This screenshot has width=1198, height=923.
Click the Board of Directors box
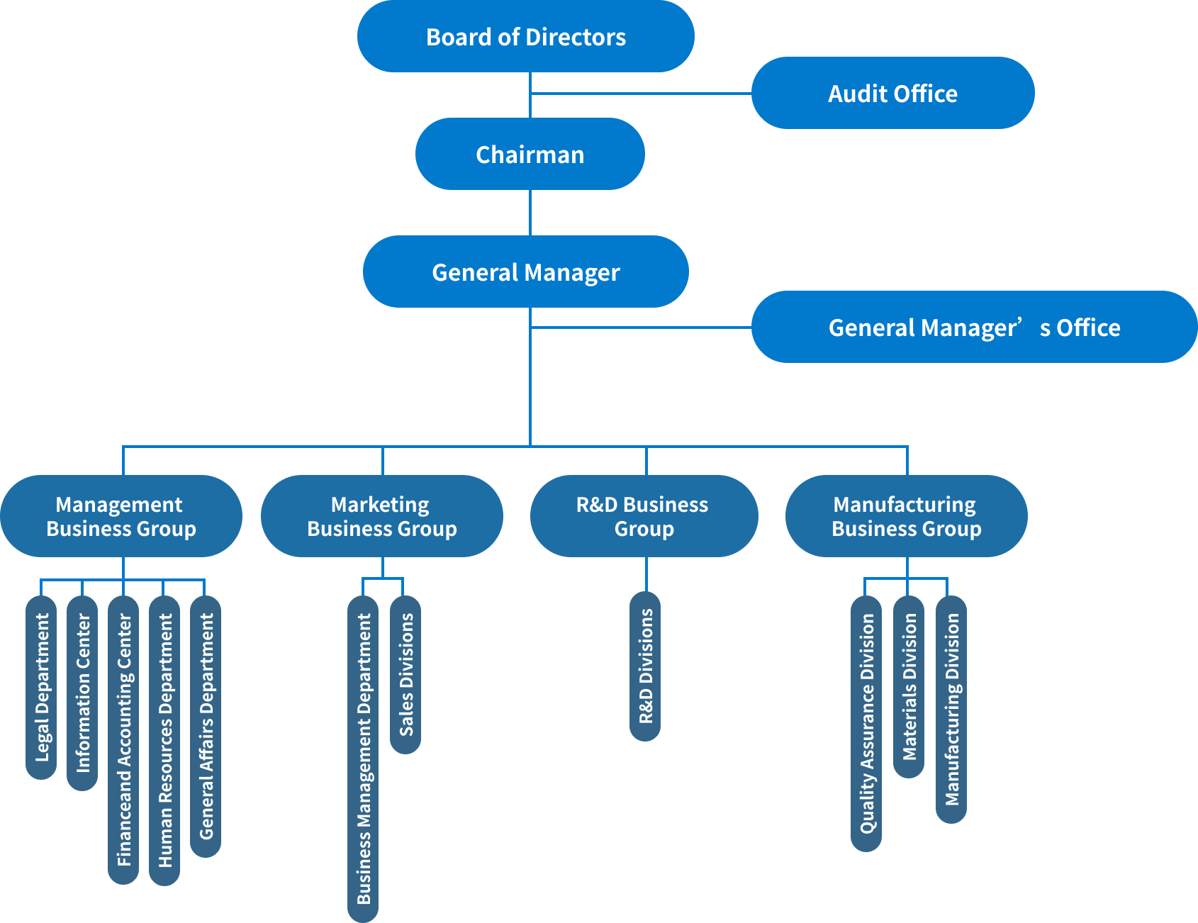[x=525, y=36]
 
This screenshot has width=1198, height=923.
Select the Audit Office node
[x=892, y=93]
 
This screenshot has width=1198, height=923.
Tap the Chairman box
[x=530, y=154]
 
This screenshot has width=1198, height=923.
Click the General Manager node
[x=525, y=272]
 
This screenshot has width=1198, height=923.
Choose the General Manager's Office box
[x=974, y=327]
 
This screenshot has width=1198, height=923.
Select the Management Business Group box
[x=121, y=516]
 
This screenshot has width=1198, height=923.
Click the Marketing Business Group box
[x=381, y=516]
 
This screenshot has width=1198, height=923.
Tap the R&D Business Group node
[x=644, y=516]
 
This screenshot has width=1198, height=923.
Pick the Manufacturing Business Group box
[x=906, y=516]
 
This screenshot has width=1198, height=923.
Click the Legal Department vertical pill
[x=41, y=687]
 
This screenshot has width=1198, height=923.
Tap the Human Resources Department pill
[x=164, y=740]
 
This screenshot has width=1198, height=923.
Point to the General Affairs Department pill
[x=206, y=726]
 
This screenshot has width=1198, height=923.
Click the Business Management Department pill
[x=363, y=759]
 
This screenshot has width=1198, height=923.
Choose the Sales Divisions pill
[x=405, y=674]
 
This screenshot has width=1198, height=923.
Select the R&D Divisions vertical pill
[x=645, y=666]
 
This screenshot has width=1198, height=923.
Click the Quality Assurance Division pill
[x=866, y=723]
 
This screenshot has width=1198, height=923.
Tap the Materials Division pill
[x=909, y=686]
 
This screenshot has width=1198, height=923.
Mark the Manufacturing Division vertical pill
[x=951, y=709]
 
